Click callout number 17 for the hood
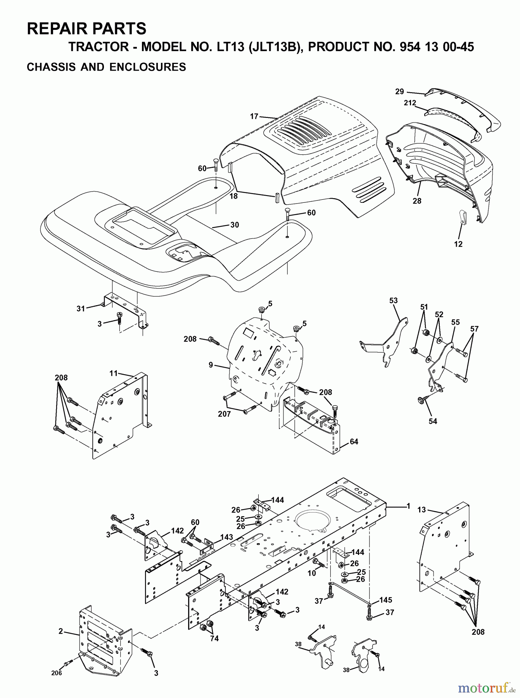pos(254,116)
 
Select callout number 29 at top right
pos(399,92)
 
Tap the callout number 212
pos(410,103)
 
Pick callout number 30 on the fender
pos(234,225)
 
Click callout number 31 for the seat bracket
pos(81,309)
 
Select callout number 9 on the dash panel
pos(211,365)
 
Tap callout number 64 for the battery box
pos(354,442)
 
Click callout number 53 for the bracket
pos(393,301)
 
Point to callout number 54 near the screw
pos(433,421)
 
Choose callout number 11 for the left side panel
pos(113,373)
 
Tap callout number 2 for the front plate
pos(60,631)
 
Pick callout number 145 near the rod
pos(385,600)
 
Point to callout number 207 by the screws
pos(224,414)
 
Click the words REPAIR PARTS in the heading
pos(86,29)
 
